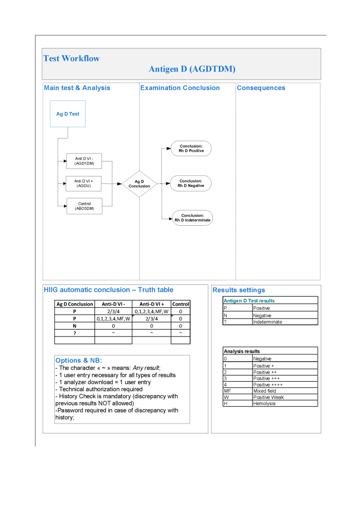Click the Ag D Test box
tap(68, 114)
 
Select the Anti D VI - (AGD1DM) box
tap(84, 161)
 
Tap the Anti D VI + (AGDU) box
tap(84, 183)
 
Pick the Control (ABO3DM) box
tap(84, 206)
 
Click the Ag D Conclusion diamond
tap(139, 184)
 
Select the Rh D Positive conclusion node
tap(191, 148)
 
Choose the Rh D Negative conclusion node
tap(191, 183)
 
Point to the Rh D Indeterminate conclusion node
tap(192, 218)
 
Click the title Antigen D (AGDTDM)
tap(192, 69)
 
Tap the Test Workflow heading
tap(71, 58)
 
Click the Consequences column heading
tap(261, 88)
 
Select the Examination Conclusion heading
tap(180, 88)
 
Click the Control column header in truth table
tap(180, 304)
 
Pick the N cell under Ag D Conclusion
tap(74, 326)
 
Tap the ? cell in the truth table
tap(74, 333)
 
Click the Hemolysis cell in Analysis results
tap(284, 403)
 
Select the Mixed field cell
tap(284, 391)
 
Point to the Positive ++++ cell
tap(284, 384)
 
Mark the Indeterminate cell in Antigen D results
tap(284, 322)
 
